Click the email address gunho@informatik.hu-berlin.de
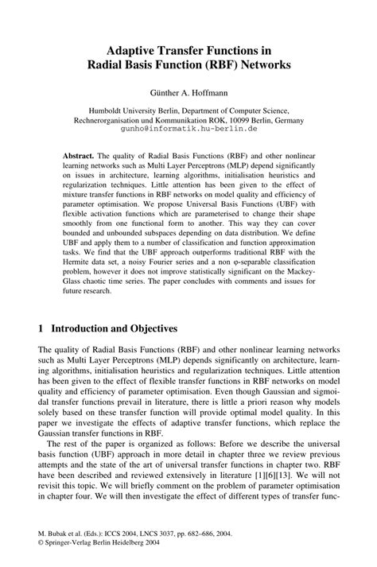pos(188,126)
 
